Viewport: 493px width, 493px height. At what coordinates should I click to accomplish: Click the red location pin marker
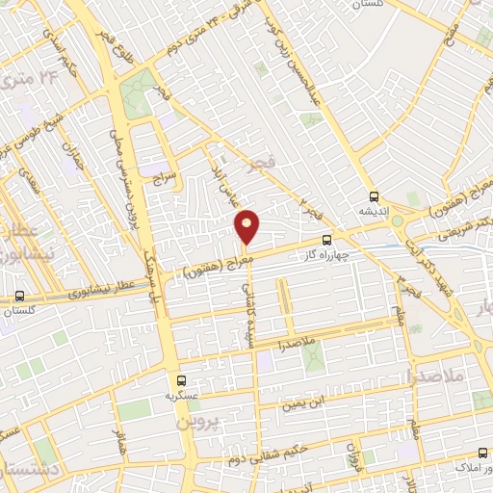click(247, 226)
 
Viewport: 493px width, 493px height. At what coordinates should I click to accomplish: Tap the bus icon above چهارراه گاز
click(327, 239)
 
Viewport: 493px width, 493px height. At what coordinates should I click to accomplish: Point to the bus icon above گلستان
click(20, 297)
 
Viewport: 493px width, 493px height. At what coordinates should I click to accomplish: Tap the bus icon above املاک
click(482, 453)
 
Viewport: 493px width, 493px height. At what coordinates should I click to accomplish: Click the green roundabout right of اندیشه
click(397, 221)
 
